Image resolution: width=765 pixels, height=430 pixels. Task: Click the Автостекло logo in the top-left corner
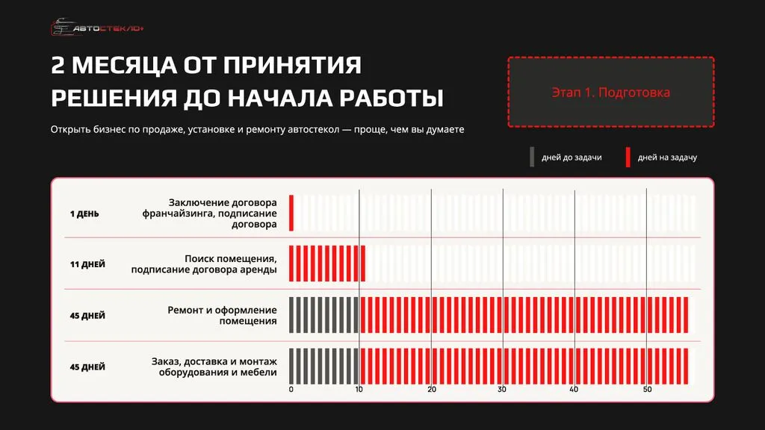(x=97, y=28)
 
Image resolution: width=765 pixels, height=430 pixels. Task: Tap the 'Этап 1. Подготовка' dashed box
(x=610, y=93)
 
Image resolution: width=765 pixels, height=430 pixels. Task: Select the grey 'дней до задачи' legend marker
(x=532, y=157)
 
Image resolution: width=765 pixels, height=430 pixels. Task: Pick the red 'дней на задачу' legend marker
(x=628, y=157)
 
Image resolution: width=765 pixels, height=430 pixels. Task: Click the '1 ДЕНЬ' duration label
(x=84, y=214)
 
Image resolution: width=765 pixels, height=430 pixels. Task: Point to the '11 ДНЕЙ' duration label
(x=87, y=264)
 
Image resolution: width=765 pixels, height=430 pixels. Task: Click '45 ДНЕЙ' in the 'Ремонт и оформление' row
(x=87, y=315)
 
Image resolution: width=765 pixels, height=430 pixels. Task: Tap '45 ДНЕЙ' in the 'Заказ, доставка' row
(x=87, y=367)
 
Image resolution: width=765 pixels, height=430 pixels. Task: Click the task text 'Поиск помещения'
(x=204, y=264)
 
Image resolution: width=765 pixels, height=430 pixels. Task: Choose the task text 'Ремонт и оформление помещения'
(x=222, y=315)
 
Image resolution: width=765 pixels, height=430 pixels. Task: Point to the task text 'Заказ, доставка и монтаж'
(x=214, y=367)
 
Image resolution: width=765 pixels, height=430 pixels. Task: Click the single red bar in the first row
(x=291, y=213)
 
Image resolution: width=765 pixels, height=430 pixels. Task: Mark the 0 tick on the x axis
(x=291, y=390)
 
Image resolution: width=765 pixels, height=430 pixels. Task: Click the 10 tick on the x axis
(x=359, y=390)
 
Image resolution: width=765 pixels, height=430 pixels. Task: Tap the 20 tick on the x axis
(x=432, y=390)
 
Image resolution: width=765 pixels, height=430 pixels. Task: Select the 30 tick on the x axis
(x=503, y=390)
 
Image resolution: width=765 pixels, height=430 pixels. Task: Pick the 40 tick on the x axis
(x=574, y=390)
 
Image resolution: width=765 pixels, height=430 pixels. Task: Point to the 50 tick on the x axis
(x=647, y=390)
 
